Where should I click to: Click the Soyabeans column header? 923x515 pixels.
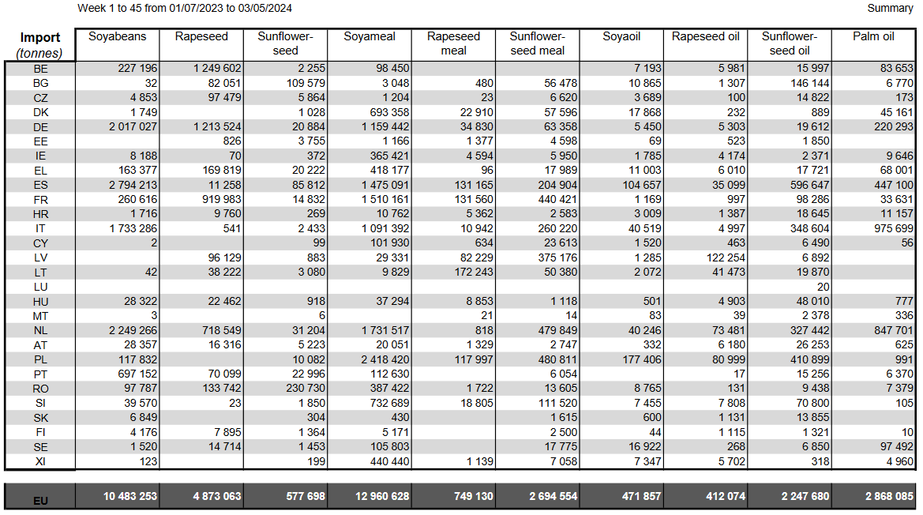coord(117,36)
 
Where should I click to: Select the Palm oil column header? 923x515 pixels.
coord(873,36)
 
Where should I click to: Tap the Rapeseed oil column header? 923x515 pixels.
coord(705,36)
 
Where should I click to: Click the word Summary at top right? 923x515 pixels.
coord(890,8)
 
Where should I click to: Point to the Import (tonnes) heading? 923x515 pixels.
coord(39,45)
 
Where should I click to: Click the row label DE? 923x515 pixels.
coord(40,127)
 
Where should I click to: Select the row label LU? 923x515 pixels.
coord(40,288)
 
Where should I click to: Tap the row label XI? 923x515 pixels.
coord(40,462)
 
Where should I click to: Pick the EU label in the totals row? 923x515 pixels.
coord(40,501)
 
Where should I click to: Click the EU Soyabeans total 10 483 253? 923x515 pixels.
coord(130,496)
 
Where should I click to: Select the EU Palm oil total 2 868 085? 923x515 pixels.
coord(889,496)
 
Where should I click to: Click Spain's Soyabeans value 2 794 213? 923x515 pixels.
coord(133,185)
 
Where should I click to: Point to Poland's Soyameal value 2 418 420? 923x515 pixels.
coord(385,359)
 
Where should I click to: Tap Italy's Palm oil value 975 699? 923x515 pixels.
coord(894,228)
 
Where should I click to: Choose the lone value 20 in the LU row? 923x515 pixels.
coord(823,288)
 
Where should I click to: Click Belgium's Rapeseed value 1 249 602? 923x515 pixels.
coord(217,68)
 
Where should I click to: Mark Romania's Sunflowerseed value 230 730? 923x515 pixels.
coord(306,389)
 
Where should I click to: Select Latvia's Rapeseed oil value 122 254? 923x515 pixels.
coord(726,257)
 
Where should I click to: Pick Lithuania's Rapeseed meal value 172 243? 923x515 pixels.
coord(474,272)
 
